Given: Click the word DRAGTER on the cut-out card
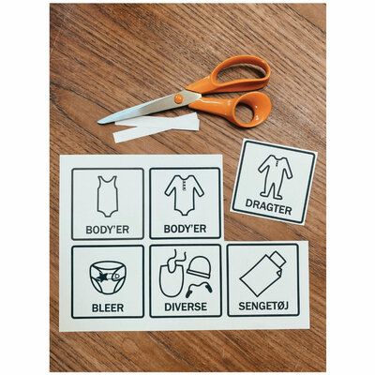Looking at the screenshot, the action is point(268,206).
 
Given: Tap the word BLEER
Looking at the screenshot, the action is point(108,307).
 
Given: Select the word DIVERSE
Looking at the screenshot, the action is point(186,307).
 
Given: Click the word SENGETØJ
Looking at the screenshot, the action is point(263,306).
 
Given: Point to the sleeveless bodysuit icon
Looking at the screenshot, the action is point(108,196).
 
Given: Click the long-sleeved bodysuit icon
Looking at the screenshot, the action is point(185,195).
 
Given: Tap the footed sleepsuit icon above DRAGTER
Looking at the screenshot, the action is point(275,177).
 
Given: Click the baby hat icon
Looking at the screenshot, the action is point(199,266).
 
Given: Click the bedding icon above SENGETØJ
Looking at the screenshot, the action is point(262,274).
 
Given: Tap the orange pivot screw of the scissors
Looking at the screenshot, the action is point(178,99).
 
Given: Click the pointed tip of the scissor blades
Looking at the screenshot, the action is point(99,122).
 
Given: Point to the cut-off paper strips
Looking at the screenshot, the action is point(157,127).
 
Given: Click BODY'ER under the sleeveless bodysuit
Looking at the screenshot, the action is point(108,230).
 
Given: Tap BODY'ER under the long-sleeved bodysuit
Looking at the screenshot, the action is point(185,229).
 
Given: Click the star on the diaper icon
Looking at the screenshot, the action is point(102,276).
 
